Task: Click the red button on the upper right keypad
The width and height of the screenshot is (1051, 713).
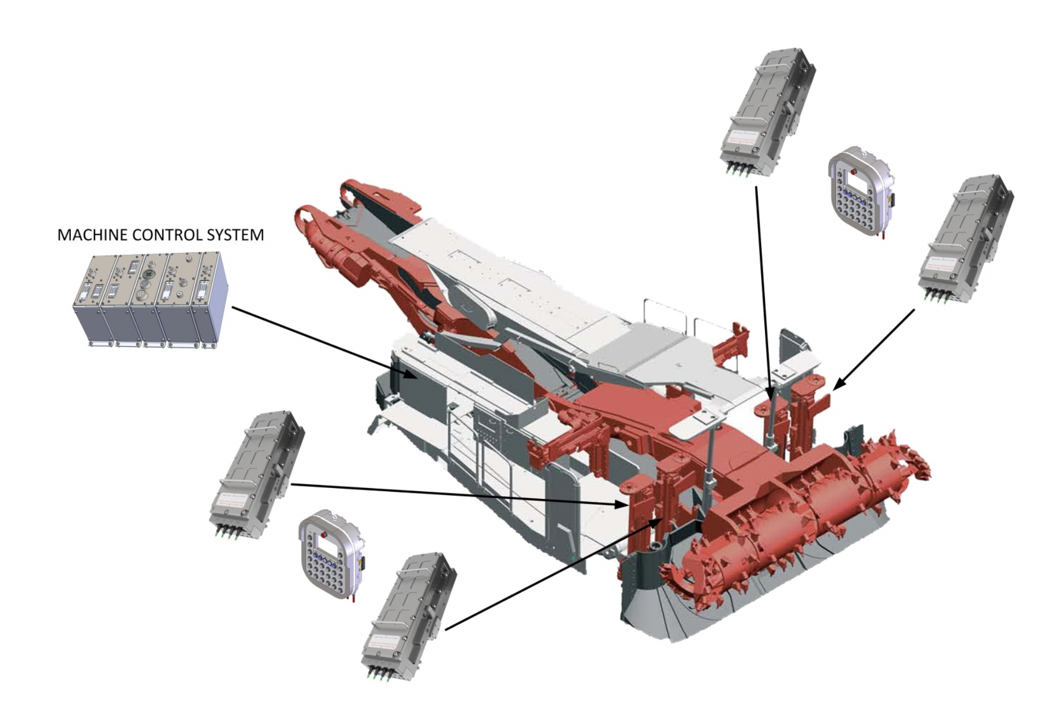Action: click(x=855, y=173)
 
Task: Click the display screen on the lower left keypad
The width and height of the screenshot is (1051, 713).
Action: click(x=326, y=547)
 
